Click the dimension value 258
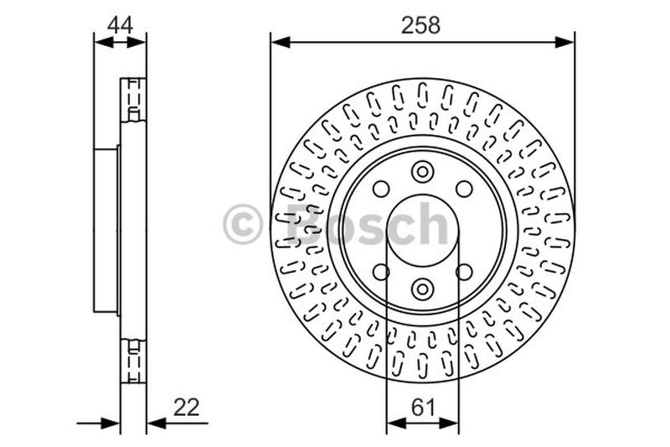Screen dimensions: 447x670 (421, 25)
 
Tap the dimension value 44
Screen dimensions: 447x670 (121, 25)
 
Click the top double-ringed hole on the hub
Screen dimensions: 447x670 (422, 173)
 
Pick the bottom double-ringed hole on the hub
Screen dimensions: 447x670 (422, 288)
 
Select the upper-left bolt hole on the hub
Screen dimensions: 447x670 (381, 189)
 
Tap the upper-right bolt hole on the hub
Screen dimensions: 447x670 (463, 189)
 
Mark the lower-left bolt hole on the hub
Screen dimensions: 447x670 (381, 272)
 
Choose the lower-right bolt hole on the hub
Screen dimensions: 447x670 (463, 272)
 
